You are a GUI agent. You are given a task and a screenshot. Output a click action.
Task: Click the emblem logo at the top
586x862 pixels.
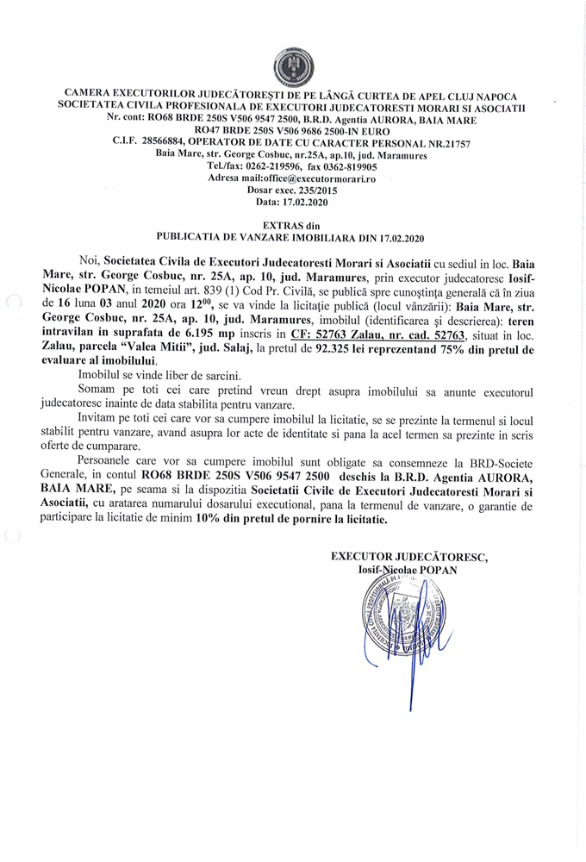pyautogui.click(x=293, y=65)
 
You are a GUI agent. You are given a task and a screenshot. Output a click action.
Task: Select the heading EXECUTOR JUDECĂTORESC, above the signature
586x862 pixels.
pyautogui.click(x=409, y=557)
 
